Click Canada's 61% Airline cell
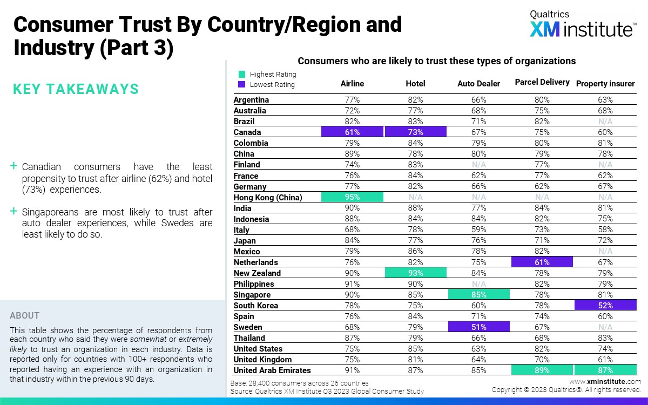coord(352,132)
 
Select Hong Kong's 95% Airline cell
coord(352,197)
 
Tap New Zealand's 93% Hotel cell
coord(415,273)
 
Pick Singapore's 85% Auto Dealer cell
coord(478,295)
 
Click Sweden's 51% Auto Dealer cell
coord(478,327)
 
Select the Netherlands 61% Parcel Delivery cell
coord(542,262)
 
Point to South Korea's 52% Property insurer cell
coord(605,306)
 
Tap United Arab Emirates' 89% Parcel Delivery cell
coord(542,370)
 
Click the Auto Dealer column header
coord(478,84)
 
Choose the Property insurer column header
coord(605,84)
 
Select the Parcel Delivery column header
coord(542,82)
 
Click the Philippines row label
coord(254,284)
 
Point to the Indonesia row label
coord(251,219)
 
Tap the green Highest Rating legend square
coord(242,75)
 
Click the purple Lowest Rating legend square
coord(242,85)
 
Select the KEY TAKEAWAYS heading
coord(76,89)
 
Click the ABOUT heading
coord(25,316)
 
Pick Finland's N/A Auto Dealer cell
coord(478,165)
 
